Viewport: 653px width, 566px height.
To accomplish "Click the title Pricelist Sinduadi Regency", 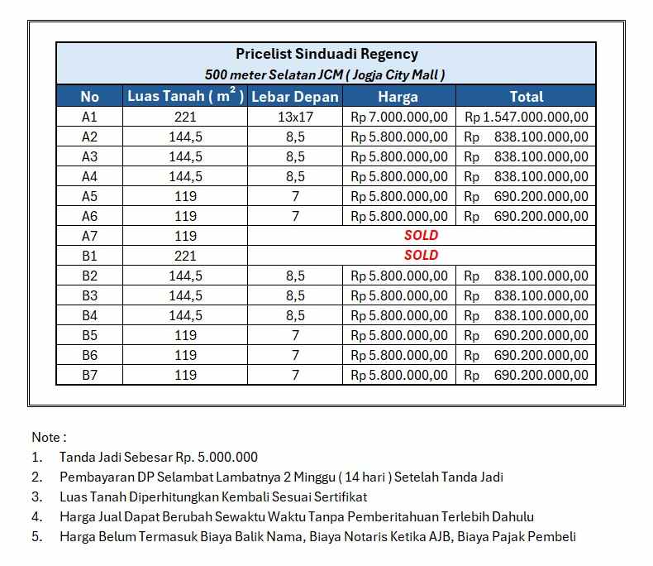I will click(326, 55).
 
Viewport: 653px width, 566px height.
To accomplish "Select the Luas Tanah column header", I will click(185, 97).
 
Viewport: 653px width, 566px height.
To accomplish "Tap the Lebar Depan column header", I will click(295, 97).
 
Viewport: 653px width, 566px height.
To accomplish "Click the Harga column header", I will click(398, 97).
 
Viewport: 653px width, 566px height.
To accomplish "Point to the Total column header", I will click(527, 97).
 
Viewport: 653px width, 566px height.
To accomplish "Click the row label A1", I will click(89, 118).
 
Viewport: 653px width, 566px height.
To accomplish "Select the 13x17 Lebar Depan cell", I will click(295, 118).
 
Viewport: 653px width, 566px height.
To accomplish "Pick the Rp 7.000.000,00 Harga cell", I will click(399, 118).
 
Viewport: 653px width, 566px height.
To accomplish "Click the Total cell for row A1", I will click(527, 118).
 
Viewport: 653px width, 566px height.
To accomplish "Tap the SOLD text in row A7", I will click(422, 236).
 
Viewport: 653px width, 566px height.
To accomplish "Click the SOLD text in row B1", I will click(422, 256).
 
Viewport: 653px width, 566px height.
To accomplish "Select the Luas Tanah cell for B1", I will click(185, 256).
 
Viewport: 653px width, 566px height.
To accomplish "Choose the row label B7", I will click(89, 375).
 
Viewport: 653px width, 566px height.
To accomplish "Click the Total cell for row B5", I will click(527, 335).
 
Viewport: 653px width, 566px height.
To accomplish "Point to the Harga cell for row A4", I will click(399, 176).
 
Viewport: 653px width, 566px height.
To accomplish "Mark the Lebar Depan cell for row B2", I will click(295, 276).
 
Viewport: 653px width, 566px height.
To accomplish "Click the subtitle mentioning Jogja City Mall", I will click(326, 75).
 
